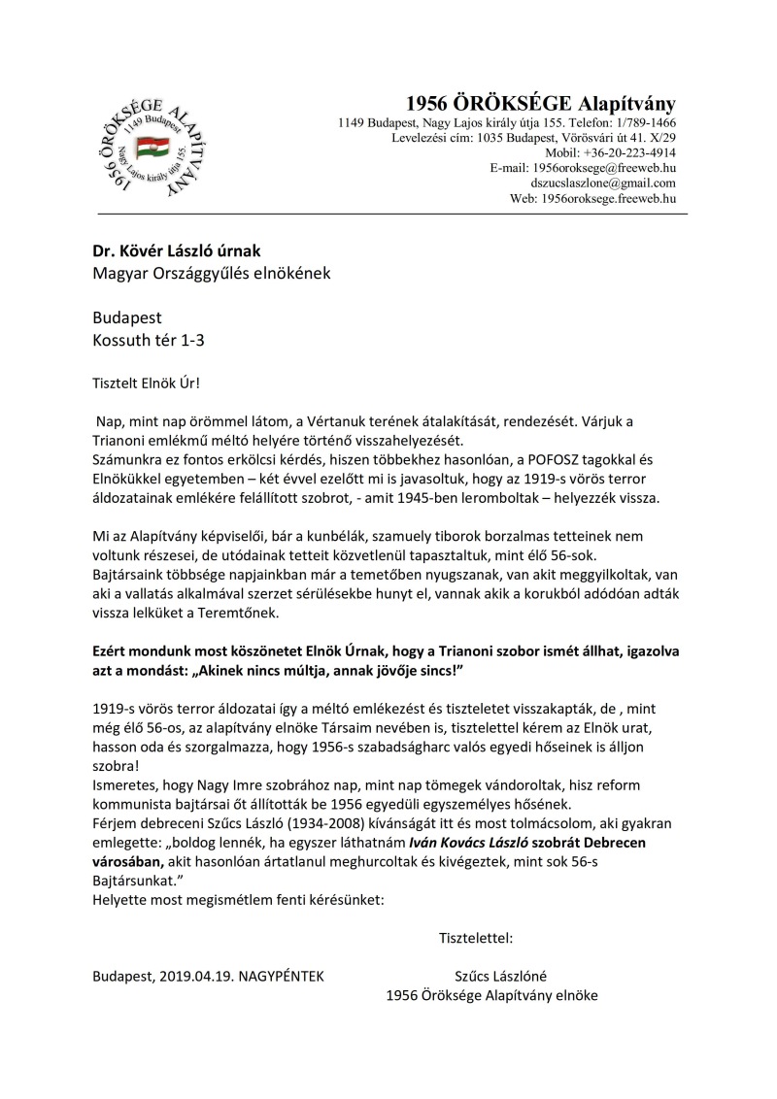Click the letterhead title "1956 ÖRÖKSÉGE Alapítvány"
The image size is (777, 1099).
click(540, 104)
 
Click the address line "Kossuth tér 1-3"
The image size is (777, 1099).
click(149, 340)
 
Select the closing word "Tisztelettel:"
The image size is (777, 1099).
click(477, 938)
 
